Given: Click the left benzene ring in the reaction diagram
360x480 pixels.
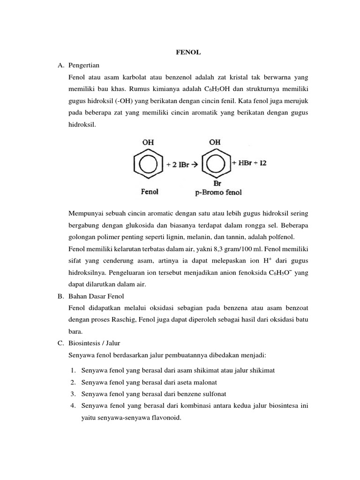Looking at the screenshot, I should click(149, 164).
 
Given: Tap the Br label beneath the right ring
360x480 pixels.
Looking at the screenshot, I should click(217, 183).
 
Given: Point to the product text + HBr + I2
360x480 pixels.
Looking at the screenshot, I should click(249, 164).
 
